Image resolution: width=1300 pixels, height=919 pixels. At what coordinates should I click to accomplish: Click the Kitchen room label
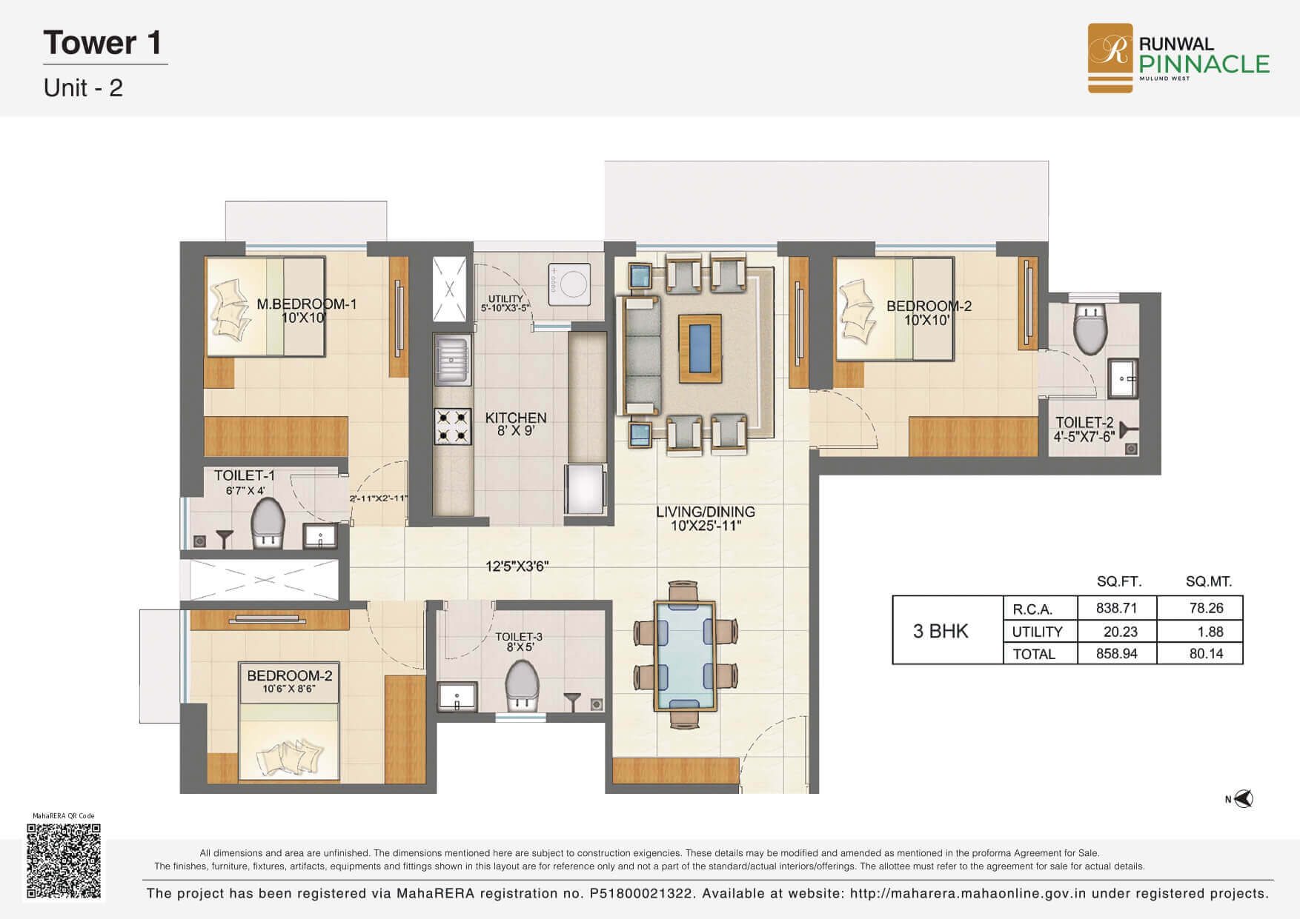click(516, 418)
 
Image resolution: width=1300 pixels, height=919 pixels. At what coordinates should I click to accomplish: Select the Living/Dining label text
click(706, 512)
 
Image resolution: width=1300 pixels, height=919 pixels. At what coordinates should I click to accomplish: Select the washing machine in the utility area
click(569, 284)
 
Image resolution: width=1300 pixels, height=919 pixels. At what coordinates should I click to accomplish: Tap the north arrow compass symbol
click(1243, 799)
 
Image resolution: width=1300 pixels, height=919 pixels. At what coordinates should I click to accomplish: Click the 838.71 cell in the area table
click(1116, 608)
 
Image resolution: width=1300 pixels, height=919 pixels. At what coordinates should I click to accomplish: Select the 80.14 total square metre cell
click(1206, 653)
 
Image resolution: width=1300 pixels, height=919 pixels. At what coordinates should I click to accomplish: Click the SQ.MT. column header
click(1209, 582)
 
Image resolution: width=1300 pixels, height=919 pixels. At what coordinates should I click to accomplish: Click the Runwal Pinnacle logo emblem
click(1110, 58)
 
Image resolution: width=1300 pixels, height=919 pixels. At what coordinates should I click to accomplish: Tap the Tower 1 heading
click(102, 43)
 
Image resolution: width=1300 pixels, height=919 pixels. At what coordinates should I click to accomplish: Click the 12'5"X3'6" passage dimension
click(517, 567)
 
